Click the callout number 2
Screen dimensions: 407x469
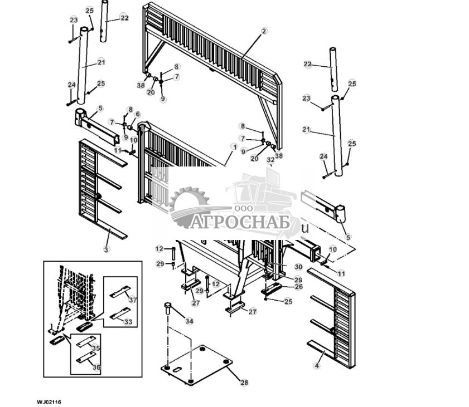point(264,31)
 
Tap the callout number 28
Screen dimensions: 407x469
point(244,383)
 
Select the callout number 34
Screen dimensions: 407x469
point(189,321)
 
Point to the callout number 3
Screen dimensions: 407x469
point(106,249)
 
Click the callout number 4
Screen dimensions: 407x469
point(317,366)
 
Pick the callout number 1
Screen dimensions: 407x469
point(232,146)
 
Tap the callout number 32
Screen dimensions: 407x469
point(270,160)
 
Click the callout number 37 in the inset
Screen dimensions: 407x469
point(132,300)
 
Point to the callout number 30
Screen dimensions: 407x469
point(298,267)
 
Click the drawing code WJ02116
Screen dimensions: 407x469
point(49,401)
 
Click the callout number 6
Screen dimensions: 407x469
point(138,114)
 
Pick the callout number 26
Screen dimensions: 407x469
point(298,287)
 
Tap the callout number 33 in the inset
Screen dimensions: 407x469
point(128,322)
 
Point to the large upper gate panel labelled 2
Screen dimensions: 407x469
point(212,56)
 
